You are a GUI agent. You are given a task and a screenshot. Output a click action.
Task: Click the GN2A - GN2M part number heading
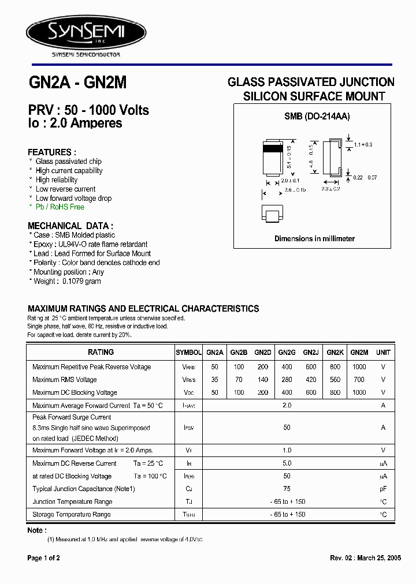[x=77, y=83]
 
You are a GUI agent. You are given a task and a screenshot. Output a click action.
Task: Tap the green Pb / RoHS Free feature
[x=60, y=207]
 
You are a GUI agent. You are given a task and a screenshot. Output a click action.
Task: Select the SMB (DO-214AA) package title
[x=317, y=116]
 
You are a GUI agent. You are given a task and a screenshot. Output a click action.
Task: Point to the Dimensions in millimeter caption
[x=314, y=238]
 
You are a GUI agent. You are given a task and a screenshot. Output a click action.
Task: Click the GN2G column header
[x=287, y=352]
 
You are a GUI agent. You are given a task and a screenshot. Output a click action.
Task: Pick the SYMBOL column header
[x=188, y=352]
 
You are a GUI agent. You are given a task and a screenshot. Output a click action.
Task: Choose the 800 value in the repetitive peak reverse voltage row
[x=335, y=367]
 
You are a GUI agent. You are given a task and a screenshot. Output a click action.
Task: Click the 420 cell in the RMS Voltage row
[x=311, y=380]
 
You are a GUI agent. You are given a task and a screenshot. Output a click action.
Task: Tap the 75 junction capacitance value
[x=287, y=489]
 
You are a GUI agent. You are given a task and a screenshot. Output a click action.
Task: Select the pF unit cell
[x=383, y=489]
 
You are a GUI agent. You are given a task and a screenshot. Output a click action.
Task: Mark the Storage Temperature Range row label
[x=72, y=514]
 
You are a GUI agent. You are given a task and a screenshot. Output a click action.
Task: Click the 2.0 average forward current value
[x=287, y=406]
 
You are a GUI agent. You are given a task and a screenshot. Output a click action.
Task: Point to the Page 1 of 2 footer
[x=44, y=558]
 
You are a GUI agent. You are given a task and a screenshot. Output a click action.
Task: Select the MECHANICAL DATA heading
[x=70, y=226]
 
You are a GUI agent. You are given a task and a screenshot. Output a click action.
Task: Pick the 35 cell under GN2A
[x=214, y=380]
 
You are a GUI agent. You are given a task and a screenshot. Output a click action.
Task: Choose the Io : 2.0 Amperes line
[x=75, y=123]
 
